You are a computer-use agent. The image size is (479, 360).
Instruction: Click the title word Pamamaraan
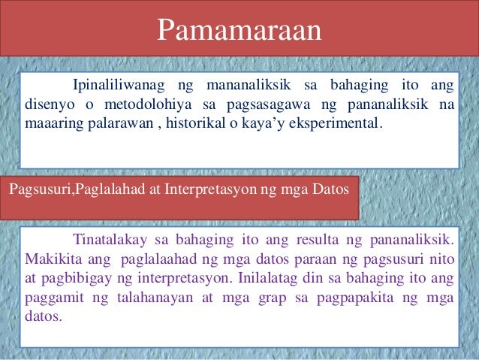click(239, 31)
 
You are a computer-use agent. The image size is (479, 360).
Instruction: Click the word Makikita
click(50, 260)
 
